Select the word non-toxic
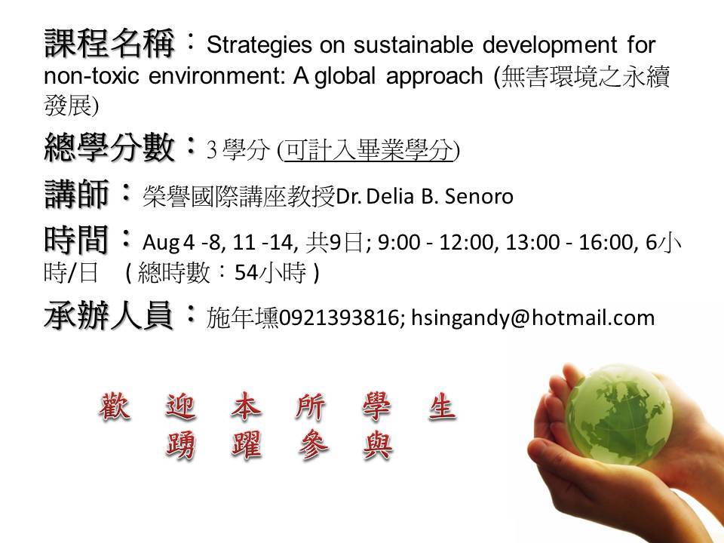91,75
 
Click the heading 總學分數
109,147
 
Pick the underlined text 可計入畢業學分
367,149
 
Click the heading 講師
76,194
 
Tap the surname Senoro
479,197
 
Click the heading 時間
76,239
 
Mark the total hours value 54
246,273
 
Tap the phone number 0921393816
339,318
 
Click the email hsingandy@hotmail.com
533,318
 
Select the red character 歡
115,406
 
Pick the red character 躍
246,445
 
